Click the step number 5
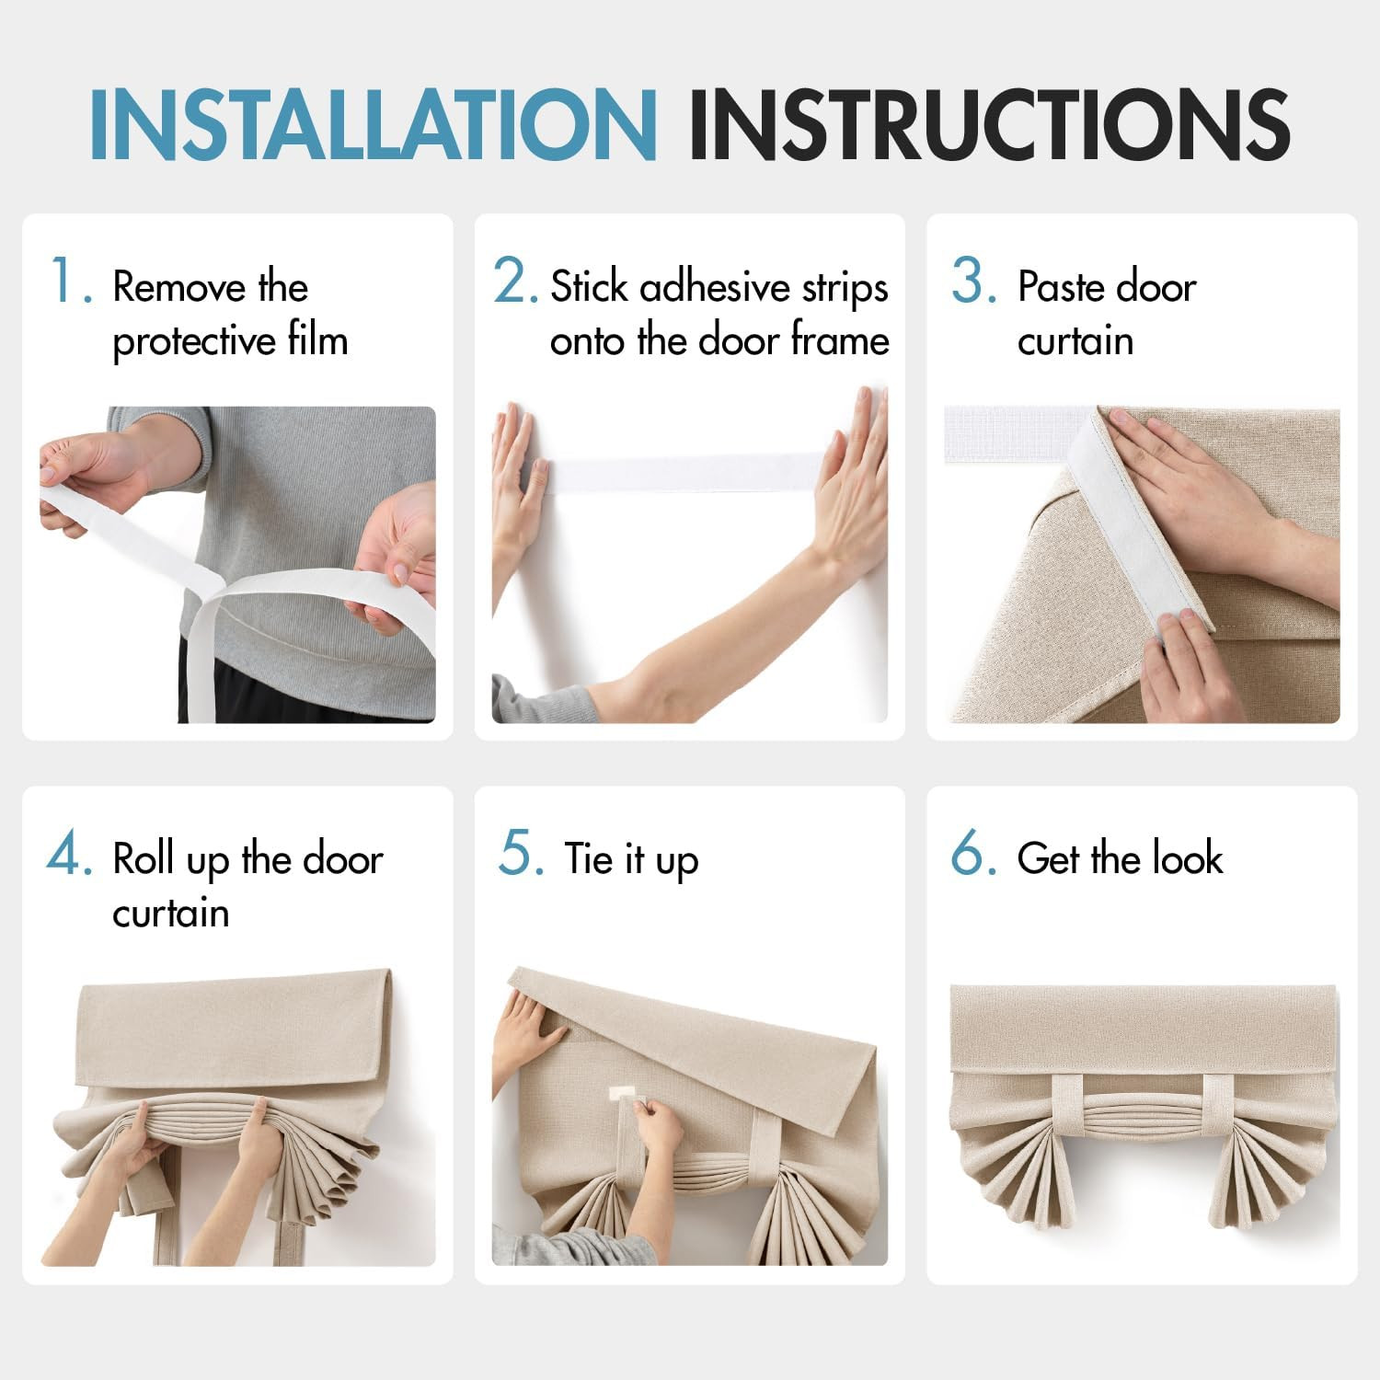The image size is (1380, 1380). (521, 853)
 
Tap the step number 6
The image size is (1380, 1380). (973, 853)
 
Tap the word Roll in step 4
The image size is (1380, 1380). (144, 859)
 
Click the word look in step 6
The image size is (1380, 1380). (1188, 858)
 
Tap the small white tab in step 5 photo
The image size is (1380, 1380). (629, 1094)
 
